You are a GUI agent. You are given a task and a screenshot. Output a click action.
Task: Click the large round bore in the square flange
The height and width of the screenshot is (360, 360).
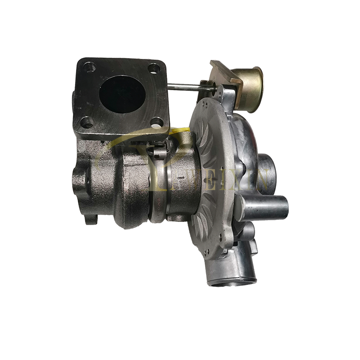(x=120, y=94)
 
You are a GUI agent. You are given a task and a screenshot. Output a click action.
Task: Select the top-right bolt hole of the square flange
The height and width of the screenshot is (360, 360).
(x=154, y=68)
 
